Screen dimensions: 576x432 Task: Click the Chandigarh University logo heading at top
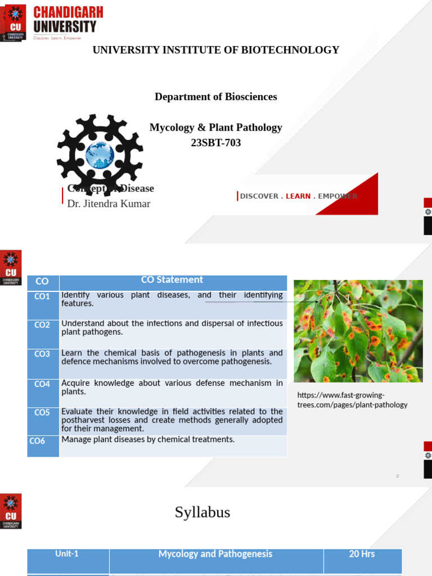click(65, 20)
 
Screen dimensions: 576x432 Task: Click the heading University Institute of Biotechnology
click(216, 50)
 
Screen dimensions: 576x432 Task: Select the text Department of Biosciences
click(216, 97)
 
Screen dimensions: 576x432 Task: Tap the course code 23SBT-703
click(216, 143)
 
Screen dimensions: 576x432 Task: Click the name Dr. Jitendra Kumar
click(109, 204)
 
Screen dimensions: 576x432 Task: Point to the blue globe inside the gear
click(100, 155)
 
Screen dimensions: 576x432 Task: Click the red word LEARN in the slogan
click(298, 196)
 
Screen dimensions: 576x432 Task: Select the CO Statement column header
click(173, 280)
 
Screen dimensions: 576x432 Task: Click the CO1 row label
click(42, 296)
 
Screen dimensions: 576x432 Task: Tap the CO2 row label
click(42, 325)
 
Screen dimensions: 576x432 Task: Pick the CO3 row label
click(42, 354)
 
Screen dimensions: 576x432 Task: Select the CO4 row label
click(42, 384)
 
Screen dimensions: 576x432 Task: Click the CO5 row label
click(42, 412)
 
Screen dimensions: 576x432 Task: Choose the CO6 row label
click(37, 441)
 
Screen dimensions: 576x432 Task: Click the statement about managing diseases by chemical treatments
click(148, 439)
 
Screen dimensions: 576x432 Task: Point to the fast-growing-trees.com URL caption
click(352, 400)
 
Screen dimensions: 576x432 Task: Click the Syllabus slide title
click(202, 512)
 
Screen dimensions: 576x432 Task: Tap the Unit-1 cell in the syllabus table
click(67, 554)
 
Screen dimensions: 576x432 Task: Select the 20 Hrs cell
click(362, 554)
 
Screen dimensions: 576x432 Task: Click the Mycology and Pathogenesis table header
click(215, 554)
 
